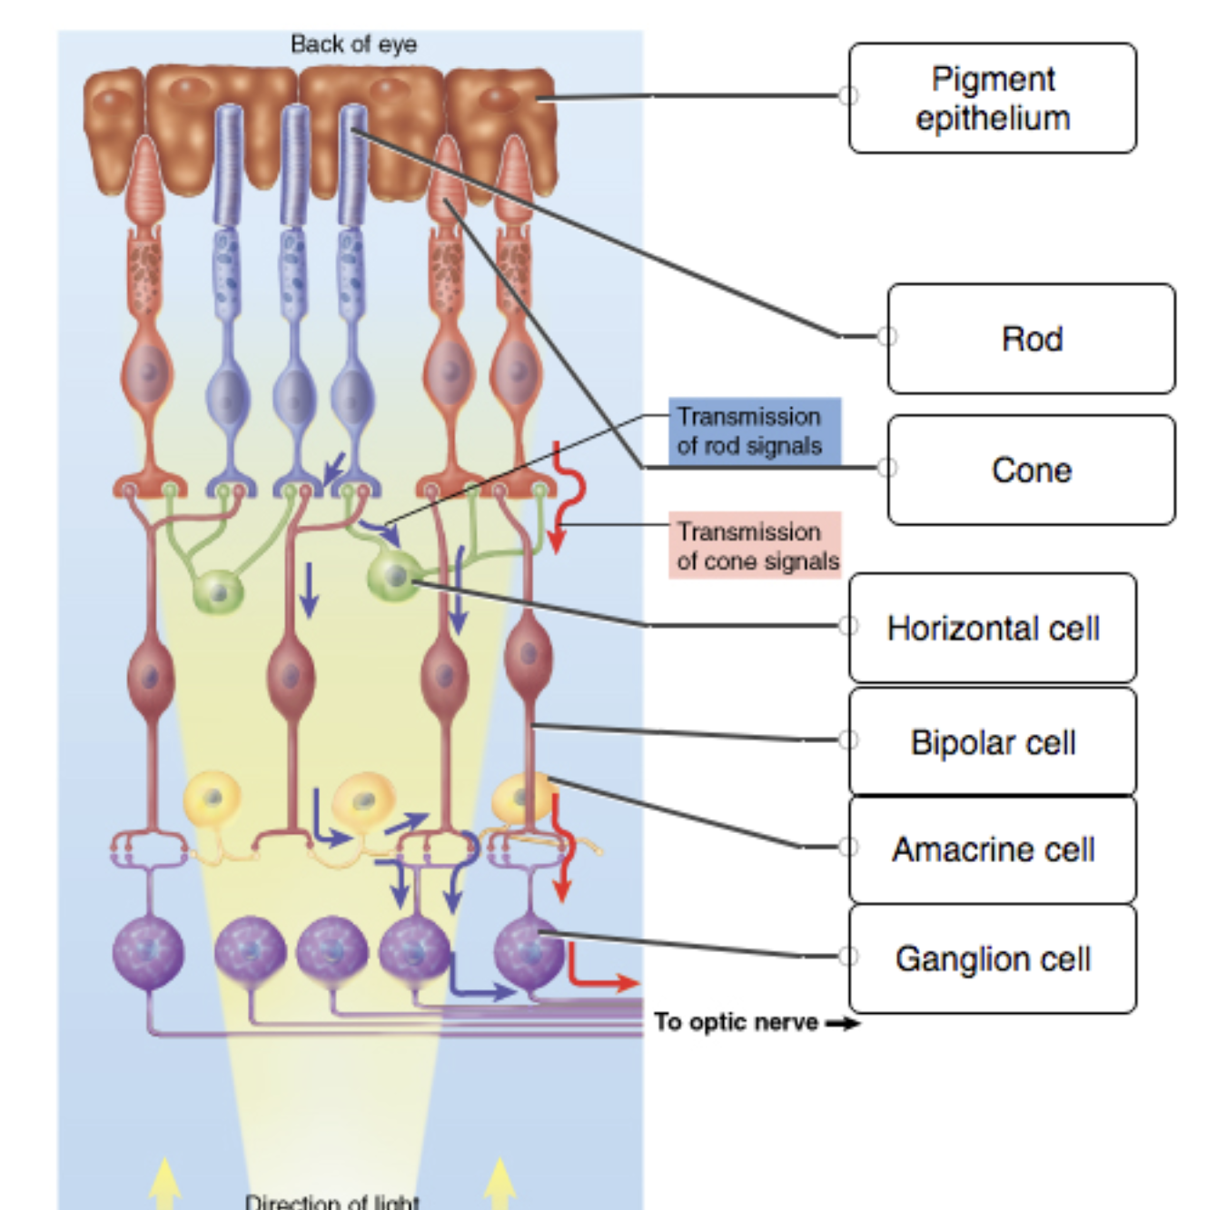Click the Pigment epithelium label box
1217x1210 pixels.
(992, 98)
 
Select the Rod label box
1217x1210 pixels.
(1031, 339)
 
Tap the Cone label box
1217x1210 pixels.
(1031, 470)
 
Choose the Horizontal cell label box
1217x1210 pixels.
(992, 628)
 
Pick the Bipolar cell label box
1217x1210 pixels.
(992, 742)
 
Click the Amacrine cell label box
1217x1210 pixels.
(992, 849)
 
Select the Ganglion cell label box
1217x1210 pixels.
(992, 958)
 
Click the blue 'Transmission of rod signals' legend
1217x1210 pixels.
(754, 431)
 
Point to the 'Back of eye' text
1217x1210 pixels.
(353, 44)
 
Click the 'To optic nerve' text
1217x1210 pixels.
(736, 1022)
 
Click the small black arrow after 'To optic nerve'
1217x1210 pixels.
(843, 1024)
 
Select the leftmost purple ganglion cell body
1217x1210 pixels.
(148, 952)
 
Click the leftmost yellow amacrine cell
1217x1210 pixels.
(212, 799)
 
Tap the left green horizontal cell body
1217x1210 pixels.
(217, 593)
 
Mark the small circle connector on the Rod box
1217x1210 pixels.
(887, 336)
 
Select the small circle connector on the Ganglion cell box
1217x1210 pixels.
(848, 956)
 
